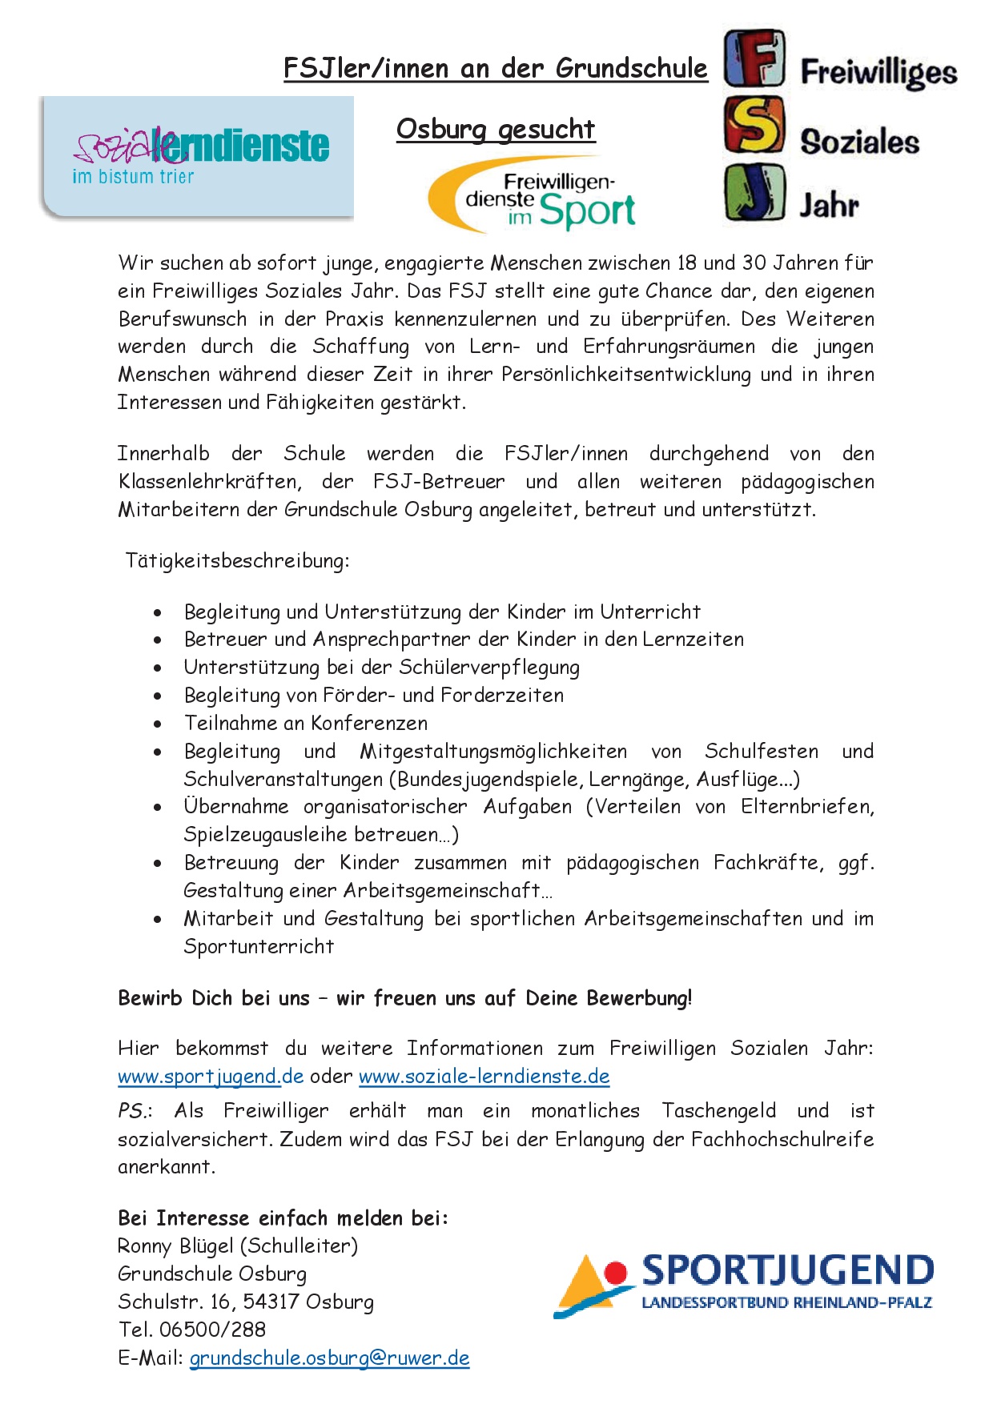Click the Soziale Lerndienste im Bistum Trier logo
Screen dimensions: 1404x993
(197, 157)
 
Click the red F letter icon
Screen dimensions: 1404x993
(754, 58)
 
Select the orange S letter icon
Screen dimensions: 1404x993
(754, 125)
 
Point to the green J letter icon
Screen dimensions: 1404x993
(754, 193)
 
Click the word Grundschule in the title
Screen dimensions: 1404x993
(632, 69)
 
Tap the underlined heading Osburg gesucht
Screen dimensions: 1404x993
(496, 129)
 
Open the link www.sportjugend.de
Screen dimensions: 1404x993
(211, 1077)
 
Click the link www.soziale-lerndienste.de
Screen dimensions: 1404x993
(484, 1077)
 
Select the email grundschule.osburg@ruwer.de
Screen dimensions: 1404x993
(329, 1358)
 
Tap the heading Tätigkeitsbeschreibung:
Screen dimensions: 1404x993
(237, 560)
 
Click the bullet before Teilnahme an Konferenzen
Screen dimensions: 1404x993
(158, 724)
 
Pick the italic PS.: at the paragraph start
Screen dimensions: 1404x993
(135, 1111)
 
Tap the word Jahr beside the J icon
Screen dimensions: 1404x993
(829, 205)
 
